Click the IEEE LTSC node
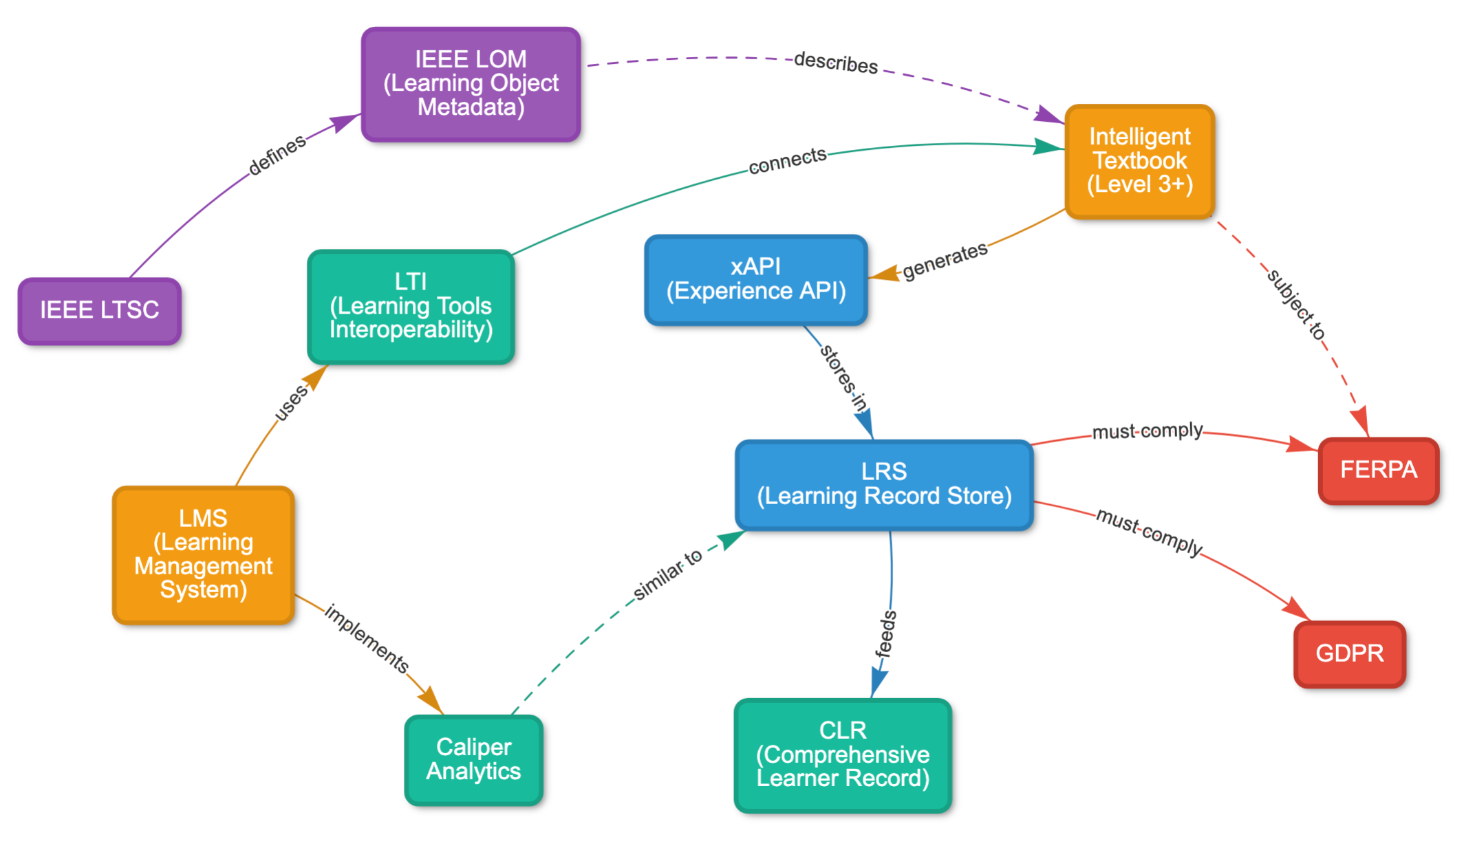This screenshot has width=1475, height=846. (x=100, y=311)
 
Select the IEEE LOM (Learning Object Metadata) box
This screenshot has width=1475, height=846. (x=471, y=84)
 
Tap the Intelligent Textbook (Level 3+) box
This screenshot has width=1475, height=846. (x=1139, y=161)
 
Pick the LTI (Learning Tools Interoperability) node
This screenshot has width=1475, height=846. (x=411, y=306)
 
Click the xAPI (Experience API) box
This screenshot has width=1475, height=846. (x=755, y=279)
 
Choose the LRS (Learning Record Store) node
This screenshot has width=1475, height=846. (x=884, y=484)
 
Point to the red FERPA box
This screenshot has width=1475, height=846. (x=1378, y=470)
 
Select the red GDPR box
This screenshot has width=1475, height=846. (x=1349, y=653)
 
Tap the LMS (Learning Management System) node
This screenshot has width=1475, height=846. (x=203, y=554)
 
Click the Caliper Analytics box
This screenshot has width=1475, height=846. (x=473, y=759)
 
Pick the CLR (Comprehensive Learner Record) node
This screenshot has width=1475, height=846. (x=843, y=755)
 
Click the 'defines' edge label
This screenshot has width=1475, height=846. (x=277, y=155)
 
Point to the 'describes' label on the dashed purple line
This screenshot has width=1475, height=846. (x=836, y=63)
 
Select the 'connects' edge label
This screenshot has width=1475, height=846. (x=788, y=160)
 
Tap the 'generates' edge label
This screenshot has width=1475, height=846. (x=945, y=260)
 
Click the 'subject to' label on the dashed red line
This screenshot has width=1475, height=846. (x=1296, y=305)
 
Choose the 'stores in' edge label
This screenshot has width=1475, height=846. (x=843, y=378)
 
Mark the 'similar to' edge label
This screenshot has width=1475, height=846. (x=668, y=575)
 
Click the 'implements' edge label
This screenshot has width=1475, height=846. (x=367, y=638)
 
